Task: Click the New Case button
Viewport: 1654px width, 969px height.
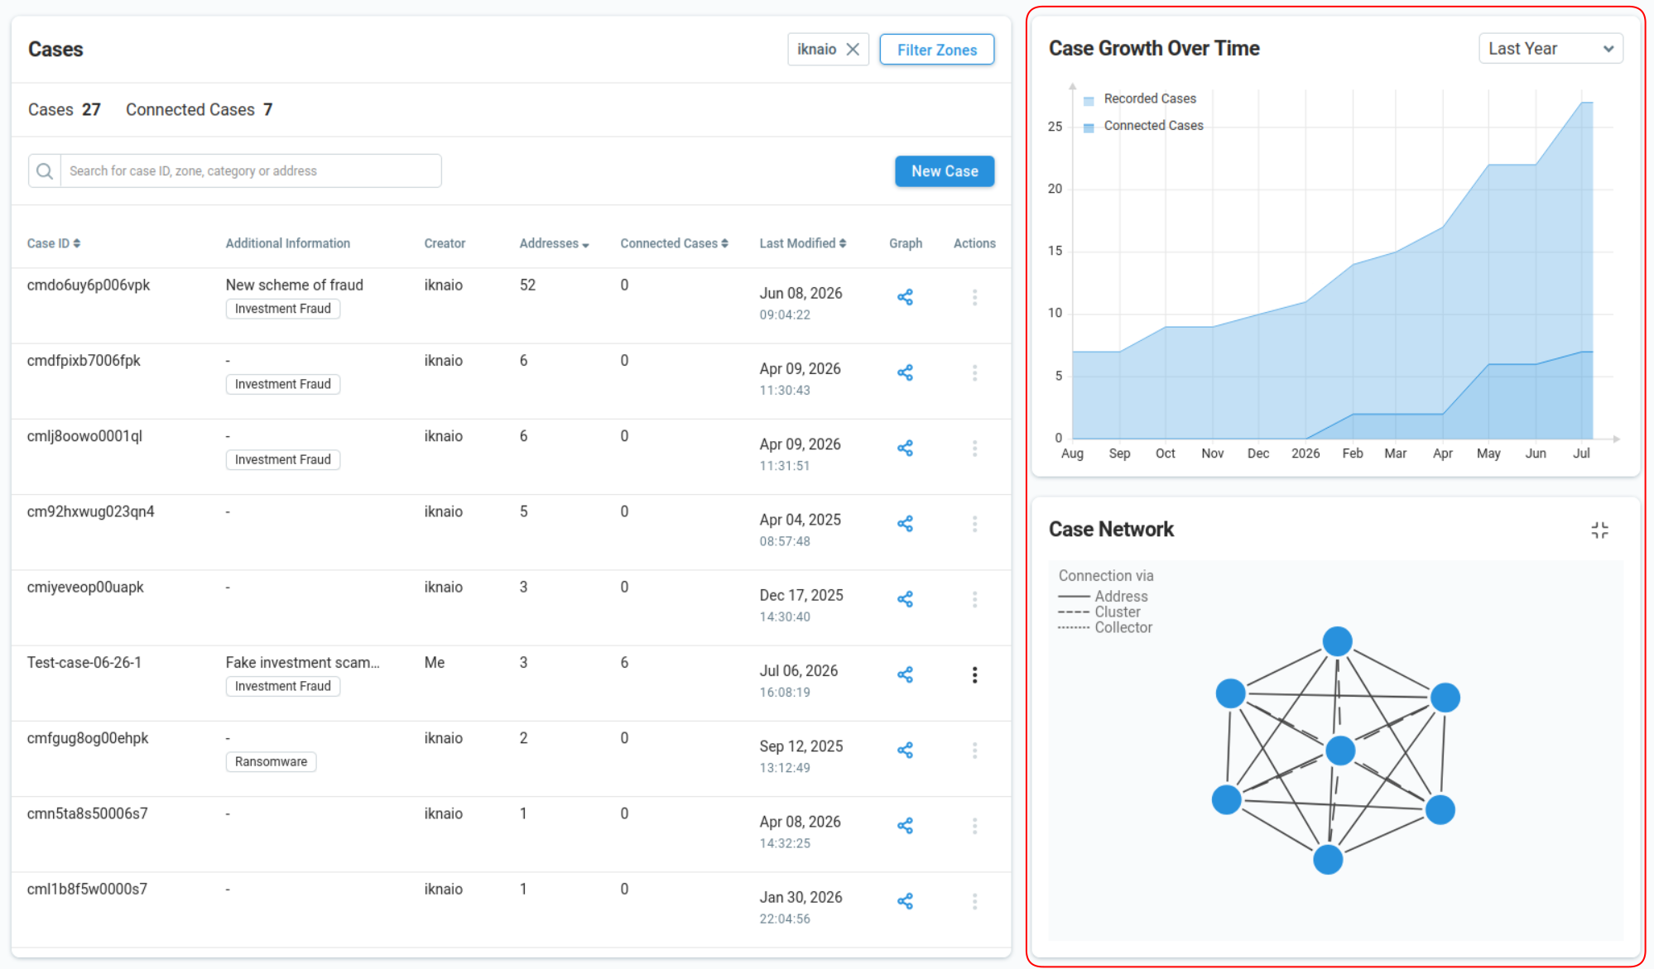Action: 945,171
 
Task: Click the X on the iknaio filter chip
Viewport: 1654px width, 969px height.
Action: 853,50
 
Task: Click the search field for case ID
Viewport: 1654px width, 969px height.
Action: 251,170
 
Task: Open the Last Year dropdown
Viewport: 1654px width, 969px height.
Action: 1551,49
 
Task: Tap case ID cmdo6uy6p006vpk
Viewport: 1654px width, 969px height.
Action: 89,285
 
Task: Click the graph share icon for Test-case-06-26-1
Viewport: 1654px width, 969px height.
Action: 905,674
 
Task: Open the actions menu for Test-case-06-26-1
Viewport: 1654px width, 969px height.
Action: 974,675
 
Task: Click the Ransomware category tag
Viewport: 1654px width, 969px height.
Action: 271,761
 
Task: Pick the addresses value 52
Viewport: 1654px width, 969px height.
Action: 527,285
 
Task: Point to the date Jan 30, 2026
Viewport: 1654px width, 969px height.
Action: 801,897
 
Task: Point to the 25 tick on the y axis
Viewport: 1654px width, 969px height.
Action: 1055,127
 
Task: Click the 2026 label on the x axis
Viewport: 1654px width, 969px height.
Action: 1305,453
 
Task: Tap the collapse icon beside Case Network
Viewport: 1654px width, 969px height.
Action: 1599,530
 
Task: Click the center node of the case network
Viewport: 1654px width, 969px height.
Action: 1340,751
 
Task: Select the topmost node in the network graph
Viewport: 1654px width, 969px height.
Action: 1337,641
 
